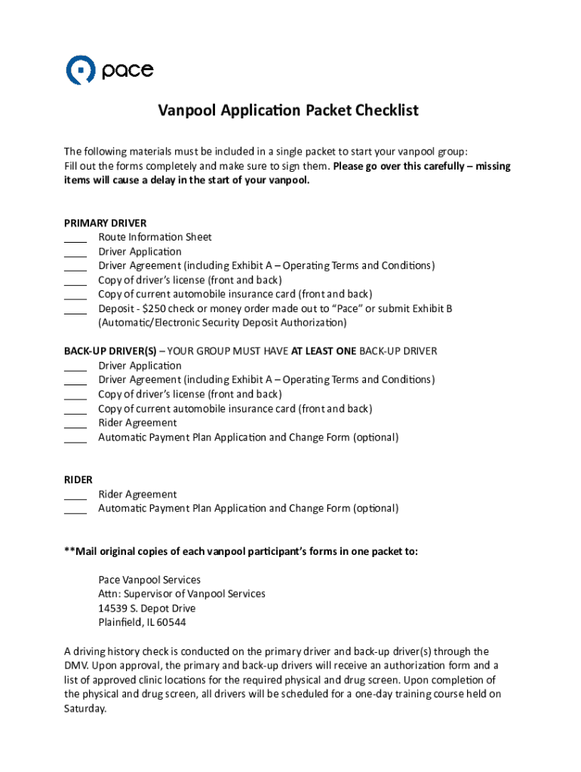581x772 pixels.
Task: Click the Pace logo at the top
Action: [x=109, y=70]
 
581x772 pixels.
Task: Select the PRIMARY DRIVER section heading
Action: [x=105, y=223]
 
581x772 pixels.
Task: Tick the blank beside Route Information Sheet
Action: [x=75, y=238]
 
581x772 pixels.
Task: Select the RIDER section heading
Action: [x=78, y=479]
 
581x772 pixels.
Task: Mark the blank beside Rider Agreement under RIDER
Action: [x=75, y=495]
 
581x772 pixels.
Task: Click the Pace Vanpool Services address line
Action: [x=149, y=580]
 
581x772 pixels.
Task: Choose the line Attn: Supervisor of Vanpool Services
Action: [x=182, y=594]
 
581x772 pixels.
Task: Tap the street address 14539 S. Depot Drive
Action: [x=146, y=608]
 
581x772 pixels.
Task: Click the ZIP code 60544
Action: [x=171, y=623]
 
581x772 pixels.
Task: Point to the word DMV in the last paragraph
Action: [x=76, y=666]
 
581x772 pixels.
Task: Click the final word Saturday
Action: [x=85, y=709]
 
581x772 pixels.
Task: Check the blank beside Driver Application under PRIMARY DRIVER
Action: [x=75, y=253]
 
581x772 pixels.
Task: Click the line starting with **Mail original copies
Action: [x=241, y=551]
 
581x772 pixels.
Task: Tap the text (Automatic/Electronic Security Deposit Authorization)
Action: [x=223, y=323]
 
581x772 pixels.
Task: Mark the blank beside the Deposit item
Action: [x=75, y=310]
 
